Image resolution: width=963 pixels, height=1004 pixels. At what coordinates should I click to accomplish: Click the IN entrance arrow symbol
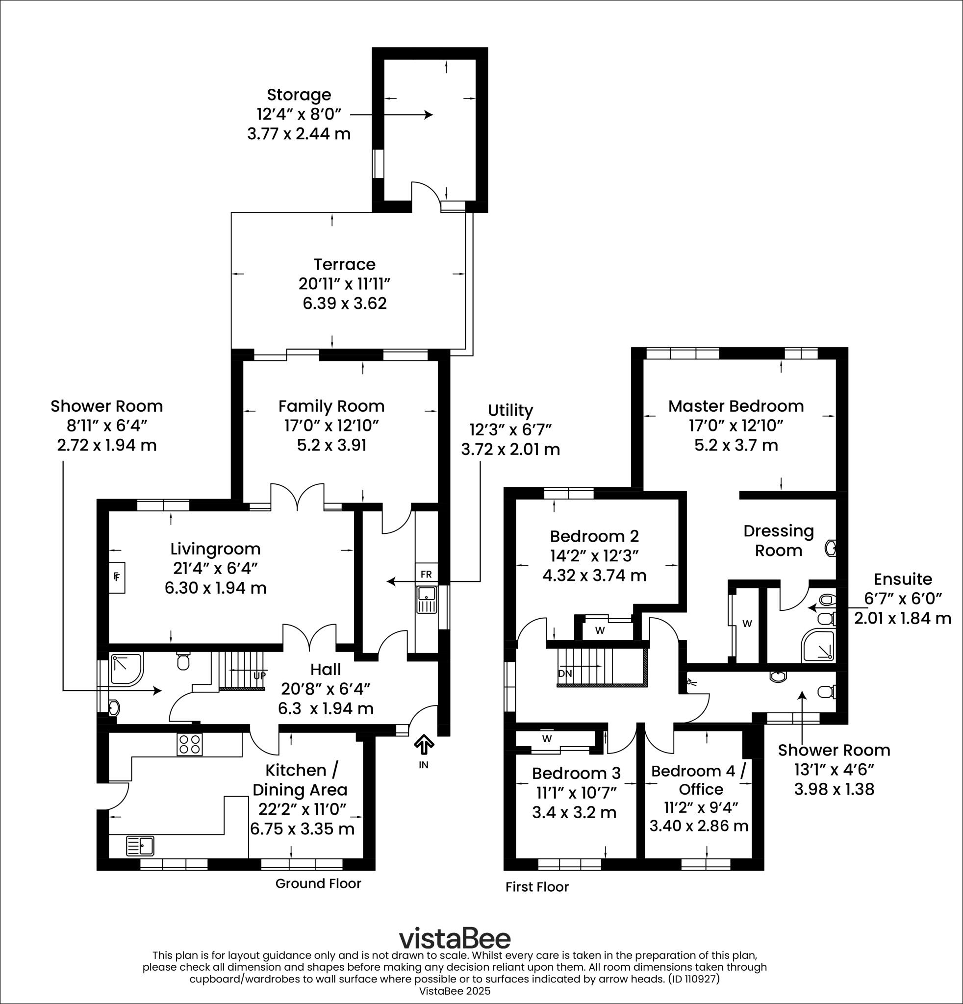pyautogui.click(x=424, y=745)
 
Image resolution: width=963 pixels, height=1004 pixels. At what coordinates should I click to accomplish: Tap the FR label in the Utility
pyautogui.click(x=426, y=574)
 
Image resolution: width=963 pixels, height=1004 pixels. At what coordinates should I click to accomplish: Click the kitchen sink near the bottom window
pyautogui.click(x=140, y=846)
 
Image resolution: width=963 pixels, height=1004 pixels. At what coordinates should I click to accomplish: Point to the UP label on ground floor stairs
pyautogui.click(x=259, y=675)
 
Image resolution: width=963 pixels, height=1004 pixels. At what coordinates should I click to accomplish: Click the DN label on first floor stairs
pyautogui.click(x=564, y=674)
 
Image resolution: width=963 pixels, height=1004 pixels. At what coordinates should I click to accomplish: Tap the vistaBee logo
pyautogui.click(x=455, y=938)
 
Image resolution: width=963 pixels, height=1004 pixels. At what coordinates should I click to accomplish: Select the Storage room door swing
pyautogui.click(x=425, y=193)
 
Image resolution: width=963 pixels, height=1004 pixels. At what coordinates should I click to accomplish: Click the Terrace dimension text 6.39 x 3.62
pyautogui.click(x=344, y=303)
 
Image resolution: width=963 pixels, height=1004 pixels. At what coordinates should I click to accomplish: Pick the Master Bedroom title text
pyautogui.click(x=736, y=406)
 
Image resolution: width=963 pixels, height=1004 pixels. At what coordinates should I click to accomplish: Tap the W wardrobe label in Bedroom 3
pyautogui.click(x=547, y=739)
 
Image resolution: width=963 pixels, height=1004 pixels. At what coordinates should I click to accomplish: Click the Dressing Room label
pyautogui.click(x=779, y=540)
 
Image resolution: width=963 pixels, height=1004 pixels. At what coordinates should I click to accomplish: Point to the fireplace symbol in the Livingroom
pyautogui.click(x=117, y=577)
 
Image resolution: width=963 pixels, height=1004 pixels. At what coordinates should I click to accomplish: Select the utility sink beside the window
pyautogui.click(x=426, y=600)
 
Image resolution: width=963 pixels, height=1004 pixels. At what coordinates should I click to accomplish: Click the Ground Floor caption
pyautogui.click(x=318, y=883)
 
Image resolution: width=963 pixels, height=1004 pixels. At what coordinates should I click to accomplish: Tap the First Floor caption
pyautogui.click(x=537, y=887)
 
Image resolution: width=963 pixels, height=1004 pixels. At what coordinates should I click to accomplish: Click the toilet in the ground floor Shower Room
pyautogui.click(x=183, y=661)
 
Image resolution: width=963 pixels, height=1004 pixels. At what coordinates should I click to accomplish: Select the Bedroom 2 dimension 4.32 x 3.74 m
pyautogui.click(x=594, y=575)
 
